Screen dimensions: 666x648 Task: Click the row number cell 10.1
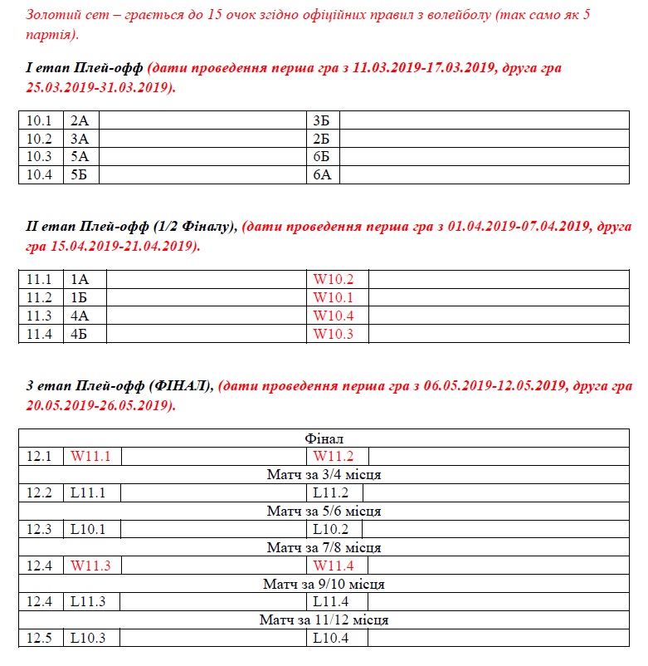(39, 121)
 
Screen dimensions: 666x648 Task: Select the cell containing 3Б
(322, 121)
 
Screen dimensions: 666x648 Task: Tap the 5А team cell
(80, 157)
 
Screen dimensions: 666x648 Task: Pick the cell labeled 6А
(322, 175)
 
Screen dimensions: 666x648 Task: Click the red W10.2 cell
(334, 280)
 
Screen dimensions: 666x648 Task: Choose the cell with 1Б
(80, 298)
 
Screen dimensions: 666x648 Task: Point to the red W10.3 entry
(334, 335)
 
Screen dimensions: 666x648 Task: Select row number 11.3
(39, 316)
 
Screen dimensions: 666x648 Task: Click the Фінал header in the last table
(324, 438)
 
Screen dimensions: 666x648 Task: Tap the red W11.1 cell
(90, 456)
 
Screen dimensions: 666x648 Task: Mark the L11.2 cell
(330, 492)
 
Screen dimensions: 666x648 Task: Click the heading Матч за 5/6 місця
(324, 511)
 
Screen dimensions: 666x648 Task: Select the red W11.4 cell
(334, 566)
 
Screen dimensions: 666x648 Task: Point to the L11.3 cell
(88, 602)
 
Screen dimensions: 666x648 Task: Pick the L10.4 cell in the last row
(330, 639)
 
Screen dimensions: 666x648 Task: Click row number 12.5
(39, 639)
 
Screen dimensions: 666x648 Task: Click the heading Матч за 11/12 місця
(324, 620)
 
